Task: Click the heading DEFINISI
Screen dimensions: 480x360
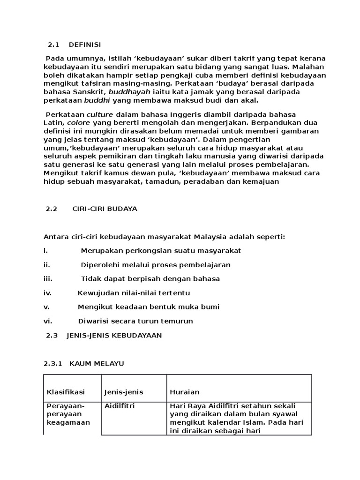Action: [x=85, y=45]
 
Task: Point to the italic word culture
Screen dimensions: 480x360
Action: [x=100, y=114]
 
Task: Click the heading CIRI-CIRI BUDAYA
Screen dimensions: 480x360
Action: [x=105, y=209]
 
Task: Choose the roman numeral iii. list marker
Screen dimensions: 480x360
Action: [x=48, y=279]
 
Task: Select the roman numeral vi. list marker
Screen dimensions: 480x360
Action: [x=48, y=321]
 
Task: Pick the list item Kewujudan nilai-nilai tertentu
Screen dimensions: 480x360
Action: [x=134, y=293]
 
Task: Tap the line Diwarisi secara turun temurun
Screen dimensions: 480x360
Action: [x=135, y=321]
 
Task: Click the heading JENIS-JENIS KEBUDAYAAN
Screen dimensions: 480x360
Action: [x=114, y=336]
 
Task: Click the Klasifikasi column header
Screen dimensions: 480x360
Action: [x=66, y=392]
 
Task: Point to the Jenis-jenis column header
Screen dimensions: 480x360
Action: [x=124, y=392]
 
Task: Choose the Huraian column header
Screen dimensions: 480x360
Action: [x=185, y=392]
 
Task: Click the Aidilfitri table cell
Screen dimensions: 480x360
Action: [x=119, y=406]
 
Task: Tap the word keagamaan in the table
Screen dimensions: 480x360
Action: [x=68, y=422]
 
